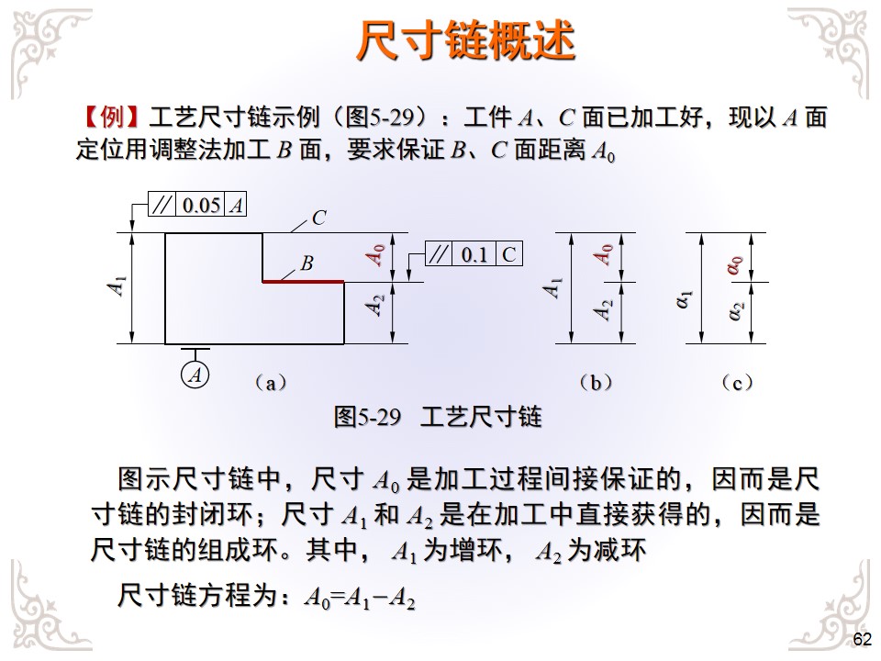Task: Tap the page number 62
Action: point(862,640)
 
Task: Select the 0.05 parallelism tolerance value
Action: point(201,206)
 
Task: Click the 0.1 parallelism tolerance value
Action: point(474,254)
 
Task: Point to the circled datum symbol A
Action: point(195,375)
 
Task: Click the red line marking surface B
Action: point(303,281)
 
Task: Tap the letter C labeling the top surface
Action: point(319,218)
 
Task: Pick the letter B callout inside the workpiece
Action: point(307,263)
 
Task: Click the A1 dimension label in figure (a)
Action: point(117,287)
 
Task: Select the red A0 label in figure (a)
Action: point(376,255)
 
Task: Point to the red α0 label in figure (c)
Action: point(734,265)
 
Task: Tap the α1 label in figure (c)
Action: point(684,299)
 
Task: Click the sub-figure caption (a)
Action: point(270,383)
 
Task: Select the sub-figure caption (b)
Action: point(596,383)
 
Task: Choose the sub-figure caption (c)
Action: point(737,383)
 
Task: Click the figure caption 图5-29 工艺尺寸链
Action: point(438,418)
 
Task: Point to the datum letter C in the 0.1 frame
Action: point(508,254)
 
